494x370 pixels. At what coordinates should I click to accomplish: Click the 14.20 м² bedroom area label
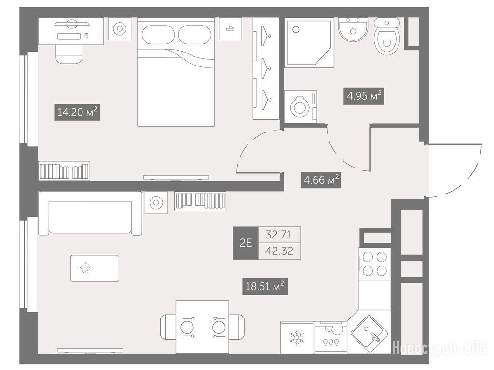point(77,112)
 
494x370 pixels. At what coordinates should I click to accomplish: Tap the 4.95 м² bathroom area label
point(364,95)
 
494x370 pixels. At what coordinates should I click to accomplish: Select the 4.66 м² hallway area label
point(321,180)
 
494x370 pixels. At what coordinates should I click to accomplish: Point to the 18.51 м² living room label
point(265,286)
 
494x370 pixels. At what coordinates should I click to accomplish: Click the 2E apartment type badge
point(246,243)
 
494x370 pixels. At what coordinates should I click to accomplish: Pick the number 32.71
point(279,235)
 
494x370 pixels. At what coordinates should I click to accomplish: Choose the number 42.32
point(279,251)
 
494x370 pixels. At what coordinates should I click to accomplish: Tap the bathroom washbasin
point(353,29)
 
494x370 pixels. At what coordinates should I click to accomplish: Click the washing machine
point(301,106)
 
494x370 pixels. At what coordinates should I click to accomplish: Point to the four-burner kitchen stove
point(374,264)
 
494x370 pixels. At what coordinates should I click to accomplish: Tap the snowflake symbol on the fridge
point(296,337)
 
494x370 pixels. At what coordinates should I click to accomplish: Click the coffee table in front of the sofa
point(95,268)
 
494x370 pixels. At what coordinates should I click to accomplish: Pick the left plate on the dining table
point(188,327)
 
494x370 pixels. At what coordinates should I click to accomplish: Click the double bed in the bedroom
point(176,72)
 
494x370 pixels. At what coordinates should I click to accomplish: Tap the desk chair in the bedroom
point(69,54)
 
